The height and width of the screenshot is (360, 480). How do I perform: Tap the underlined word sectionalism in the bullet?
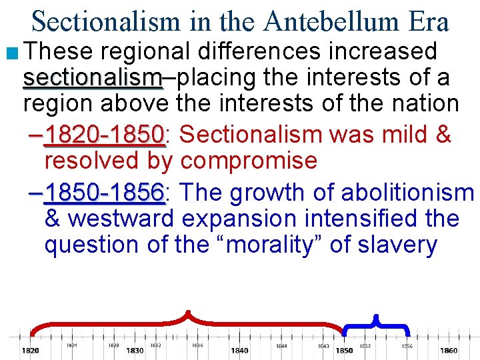click(x=93, y=78)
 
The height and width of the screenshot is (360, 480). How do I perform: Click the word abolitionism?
click(x=407, y=193)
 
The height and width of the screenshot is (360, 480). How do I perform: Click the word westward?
click(x=121, y=219)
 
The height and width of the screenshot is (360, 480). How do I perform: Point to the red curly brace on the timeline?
click(x=189, y=321)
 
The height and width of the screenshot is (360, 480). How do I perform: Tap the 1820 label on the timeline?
click(x=30, y=351)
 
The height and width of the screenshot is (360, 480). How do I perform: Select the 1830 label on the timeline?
click(x=135, y=351)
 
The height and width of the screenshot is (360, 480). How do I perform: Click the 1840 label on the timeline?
click(x=239, y=351)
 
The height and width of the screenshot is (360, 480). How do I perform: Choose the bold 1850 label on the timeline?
click(x=344, y=351)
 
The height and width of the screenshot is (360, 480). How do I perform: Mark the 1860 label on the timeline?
click(x=449, y=351)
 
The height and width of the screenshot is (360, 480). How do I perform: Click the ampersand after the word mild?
click(x=443, y=135)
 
